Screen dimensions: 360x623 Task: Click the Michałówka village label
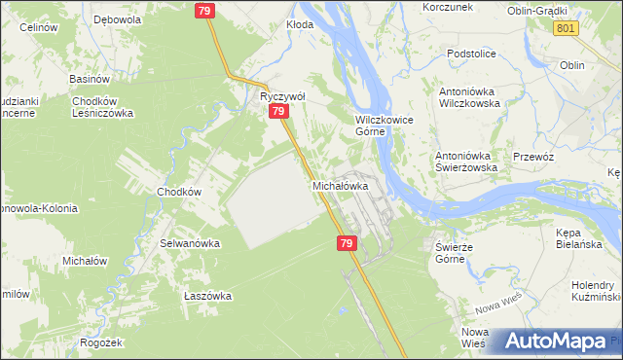coord(340,185)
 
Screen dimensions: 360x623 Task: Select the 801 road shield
coord(566,29)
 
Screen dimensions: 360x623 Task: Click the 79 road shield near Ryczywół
coord(278,112)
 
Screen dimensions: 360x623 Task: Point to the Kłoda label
coord(300,24)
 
